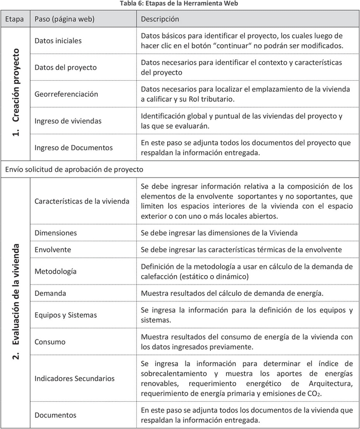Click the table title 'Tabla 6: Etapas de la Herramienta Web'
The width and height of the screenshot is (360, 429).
tap(179, 4)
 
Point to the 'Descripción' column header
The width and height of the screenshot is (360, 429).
tap(160, 19)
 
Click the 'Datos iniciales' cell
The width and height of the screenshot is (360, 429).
tap(58, 41)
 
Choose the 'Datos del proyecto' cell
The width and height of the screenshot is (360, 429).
tap(65, 67)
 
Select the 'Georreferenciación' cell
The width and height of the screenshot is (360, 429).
tap(66, 94)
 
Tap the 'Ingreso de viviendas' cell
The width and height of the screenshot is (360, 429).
tap(68, 121)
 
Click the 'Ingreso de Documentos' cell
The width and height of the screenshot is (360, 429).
tap(74, 148)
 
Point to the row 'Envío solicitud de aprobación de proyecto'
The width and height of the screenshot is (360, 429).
tap(74, 169)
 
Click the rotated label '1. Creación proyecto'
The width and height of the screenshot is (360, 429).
tap(16, 93)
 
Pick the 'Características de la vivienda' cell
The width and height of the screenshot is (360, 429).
tap(82, 201)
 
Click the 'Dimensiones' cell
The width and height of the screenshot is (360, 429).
tap(56, 233)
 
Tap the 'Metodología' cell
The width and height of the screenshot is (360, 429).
tap(55, 271)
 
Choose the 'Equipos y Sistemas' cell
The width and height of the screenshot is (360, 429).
tap(65, 315)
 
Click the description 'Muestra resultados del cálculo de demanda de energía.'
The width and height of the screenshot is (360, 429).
tap(232, 293)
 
